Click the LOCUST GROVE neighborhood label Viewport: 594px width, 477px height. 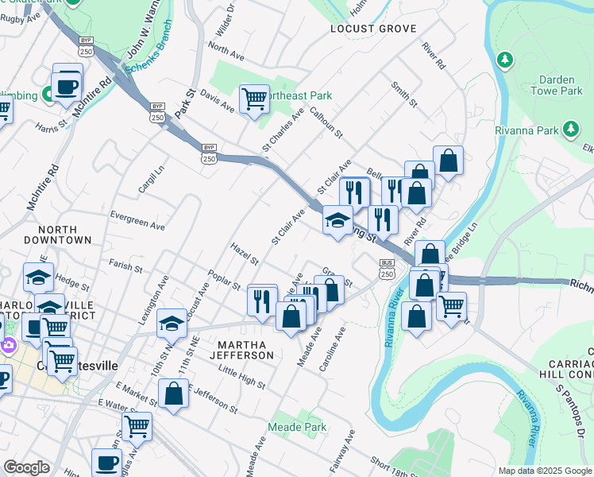click(x=373, y=29)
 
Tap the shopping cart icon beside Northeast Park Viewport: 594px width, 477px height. click(x=254, y=100)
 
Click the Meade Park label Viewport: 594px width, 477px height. click(x=298, y=428)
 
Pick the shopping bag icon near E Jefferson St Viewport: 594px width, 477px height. click(x=173, y=394)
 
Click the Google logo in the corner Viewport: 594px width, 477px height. click(x=26, y=467)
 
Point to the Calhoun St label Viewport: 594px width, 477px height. click(x=326, y=123)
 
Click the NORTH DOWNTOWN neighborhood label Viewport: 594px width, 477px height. click(x=57, y=233)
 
